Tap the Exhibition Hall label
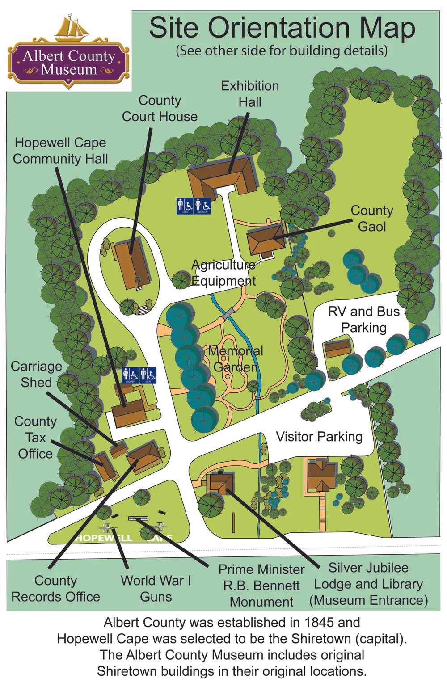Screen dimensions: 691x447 [x=250, y=94]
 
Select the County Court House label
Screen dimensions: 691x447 [x=160, y=109]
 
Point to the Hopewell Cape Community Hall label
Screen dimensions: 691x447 [x=60, y=151]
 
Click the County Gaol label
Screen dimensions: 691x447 [x=372, y=219]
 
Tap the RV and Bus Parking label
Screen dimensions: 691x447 [x=364, y=319]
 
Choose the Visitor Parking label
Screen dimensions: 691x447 [x=319, y=437]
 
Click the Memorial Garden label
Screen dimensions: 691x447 [x=236, y=359]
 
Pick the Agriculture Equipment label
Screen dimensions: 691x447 [x=223, y=273]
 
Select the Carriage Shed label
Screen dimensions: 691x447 [x=36, y=374]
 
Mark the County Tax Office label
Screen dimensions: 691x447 [x=35, y=438]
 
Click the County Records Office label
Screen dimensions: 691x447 [x=56, y=589]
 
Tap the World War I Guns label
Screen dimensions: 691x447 [x=156, y=589]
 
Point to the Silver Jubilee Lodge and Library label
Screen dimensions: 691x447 [x=368, y=584]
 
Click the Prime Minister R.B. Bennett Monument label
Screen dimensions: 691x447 [x=261, y=586]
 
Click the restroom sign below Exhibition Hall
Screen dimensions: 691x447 [x=194, y=206]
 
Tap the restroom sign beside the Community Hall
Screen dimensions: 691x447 [x=139, y=375]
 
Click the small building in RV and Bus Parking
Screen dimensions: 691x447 [x=337, y=348]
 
